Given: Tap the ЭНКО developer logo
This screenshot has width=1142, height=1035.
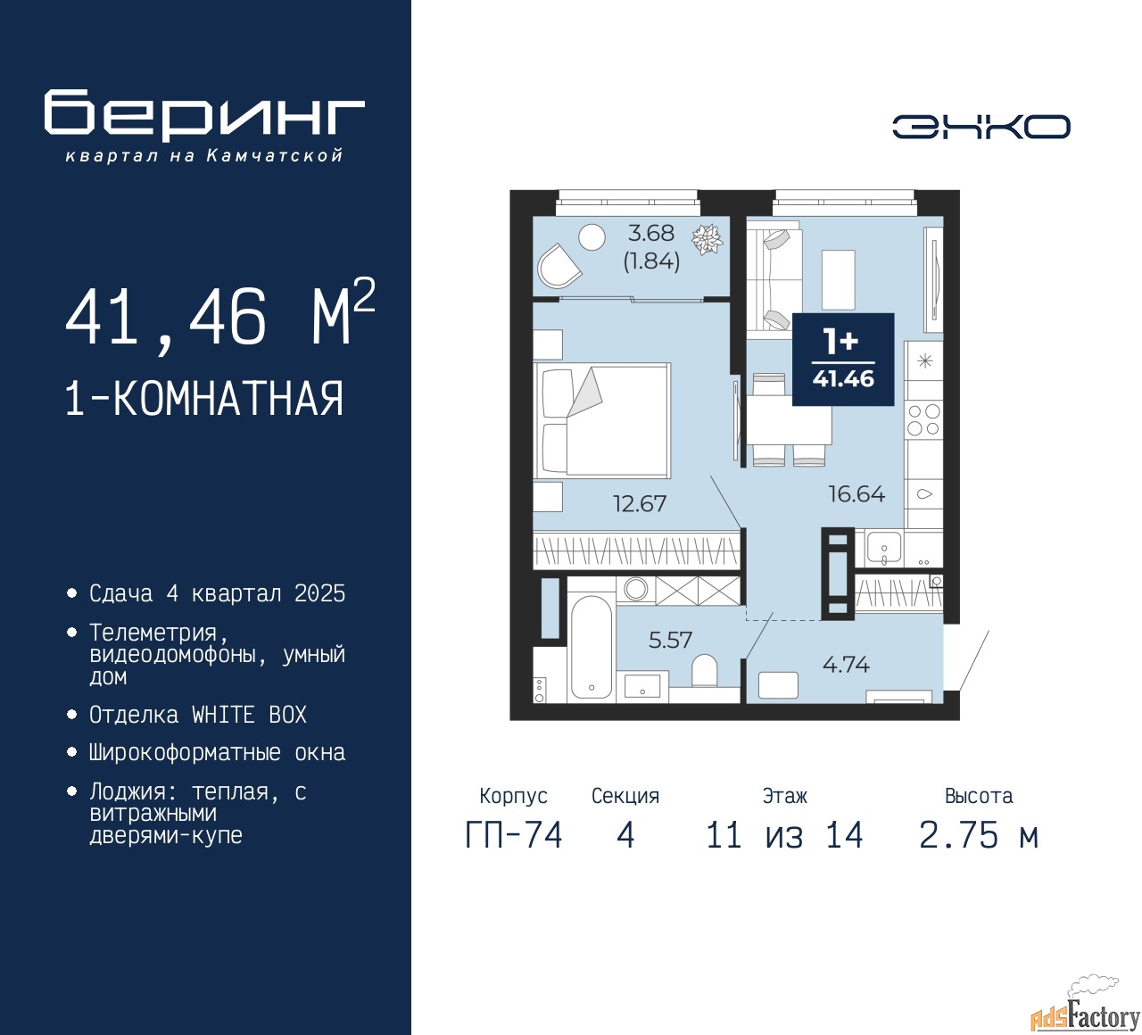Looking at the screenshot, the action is pyautogui.click(x=981, y=126).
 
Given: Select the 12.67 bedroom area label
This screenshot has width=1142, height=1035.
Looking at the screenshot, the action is pyautogui.click(x=640, y=503).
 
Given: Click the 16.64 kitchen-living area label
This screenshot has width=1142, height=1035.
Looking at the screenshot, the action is pyautogui.click(x=856, y=493).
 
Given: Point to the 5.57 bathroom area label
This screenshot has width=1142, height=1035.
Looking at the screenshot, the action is pyautogui.click(x=670, y=640).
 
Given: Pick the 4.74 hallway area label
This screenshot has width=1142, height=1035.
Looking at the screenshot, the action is pyautogui.click(x=846, y=665).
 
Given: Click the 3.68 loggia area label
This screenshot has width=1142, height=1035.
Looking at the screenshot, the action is pyautogui.click(x=651, y=233).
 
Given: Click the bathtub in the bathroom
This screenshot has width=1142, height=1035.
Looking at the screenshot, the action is pyautogui.click(x=591, y=647).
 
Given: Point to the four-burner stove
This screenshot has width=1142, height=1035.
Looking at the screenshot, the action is pyautogui.click(x=923, y=419).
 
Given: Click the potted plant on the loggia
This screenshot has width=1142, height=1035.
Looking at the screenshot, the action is pyautogui.click(x=708, y=239).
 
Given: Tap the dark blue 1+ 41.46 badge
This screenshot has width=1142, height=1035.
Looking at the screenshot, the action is pyautogui.click(x=843, y=360).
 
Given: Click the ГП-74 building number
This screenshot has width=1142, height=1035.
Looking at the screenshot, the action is pyautogui.click(x=514, y=836).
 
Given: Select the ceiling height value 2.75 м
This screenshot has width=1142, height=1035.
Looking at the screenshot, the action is pyautogui.click(x=979, y=836).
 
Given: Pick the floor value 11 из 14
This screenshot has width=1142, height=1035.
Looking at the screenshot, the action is pyautogui.click(x=784, y=836).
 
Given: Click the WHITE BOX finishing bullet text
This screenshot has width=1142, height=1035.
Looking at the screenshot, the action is pyautogui.click(x=197, y=715).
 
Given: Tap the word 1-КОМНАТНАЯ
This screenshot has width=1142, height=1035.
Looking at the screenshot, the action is pyautogui.click(x=204, y=398).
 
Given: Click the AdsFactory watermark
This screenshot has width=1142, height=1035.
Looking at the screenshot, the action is pyautogui.click(x=1086, y=1012).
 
